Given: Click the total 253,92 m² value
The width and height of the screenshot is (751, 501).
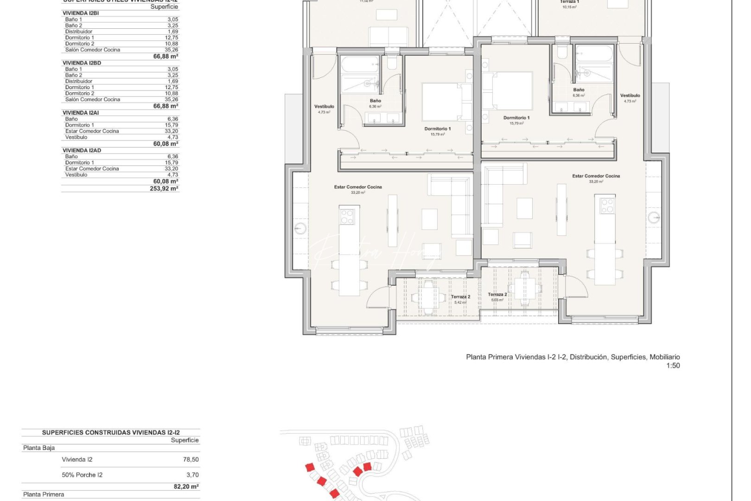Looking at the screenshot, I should point(164,189).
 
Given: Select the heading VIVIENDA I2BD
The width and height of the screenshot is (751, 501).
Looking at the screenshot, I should point(82,63).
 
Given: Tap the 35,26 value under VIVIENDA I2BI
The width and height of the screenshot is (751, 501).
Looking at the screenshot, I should point(172,50).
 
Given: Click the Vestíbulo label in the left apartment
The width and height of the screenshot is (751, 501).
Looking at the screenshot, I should point(324,107).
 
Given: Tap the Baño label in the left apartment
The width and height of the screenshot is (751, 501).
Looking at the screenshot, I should point(375,101).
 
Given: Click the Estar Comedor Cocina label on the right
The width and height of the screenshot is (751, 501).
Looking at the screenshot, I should point(596,176).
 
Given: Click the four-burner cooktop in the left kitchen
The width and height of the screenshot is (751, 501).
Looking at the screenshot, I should point(347,216).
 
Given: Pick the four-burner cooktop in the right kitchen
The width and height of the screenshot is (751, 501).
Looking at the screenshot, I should point(607,206).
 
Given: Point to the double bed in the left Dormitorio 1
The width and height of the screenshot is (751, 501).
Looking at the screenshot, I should point(442,102).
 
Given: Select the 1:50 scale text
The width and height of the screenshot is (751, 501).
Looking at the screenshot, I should point(673,366).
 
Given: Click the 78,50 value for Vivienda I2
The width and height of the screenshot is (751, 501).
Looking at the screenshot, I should point(191,460).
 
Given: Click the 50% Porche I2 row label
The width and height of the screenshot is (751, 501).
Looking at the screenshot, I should point(82,475).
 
